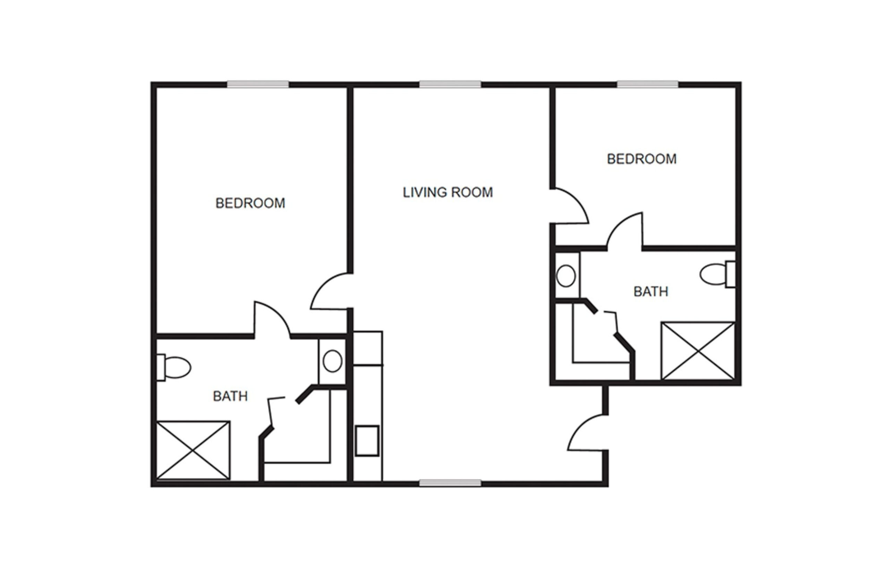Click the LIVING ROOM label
448,192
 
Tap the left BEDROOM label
250,203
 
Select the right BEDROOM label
642,159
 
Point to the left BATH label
230,396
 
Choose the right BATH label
651,291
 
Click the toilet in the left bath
174,367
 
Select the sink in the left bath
332,361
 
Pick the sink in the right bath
566,276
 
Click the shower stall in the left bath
193,450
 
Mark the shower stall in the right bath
698,351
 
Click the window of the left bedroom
258,84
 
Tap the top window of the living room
450,84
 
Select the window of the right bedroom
648,84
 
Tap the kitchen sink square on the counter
367,441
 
